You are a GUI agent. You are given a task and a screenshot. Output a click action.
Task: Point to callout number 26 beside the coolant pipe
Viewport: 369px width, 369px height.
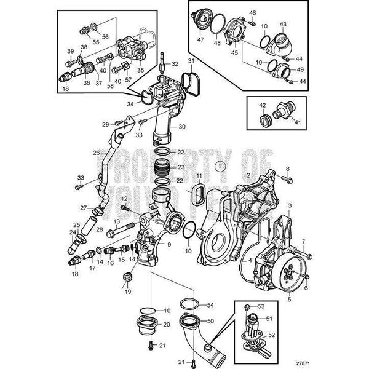tap(95, 153)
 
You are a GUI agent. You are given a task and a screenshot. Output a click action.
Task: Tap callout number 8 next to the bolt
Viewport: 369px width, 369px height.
tap(287, 169)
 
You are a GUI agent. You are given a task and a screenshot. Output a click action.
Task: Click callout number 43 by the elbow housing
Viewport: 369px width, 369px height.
tap(284, 24)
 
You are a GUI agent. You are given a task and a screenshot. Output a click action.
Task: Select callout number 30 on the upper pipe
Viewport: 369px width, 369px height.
tap(181, 127)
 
